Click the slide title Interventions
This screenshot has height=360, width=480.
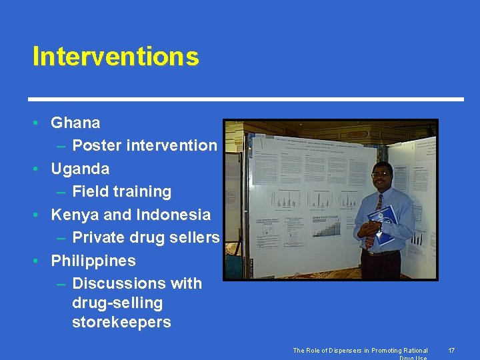[115, 57]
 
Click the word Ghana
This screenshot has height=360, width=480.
[75, 123]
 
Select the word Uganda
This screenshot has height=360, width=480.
[80, 169]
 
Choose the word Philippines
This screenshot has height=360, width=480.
[93, 261]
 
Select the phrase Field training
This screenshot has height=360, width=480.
[121, 192]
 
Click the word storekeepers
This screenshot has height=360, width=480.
[121, 323]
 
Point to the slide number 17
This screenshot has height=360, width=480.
[451, 351]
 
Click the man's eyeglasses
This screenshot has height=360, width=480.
[380, 175]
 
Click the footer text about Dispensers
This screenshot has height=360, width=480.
[360, 351]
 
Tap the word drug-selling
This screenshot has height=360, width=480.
[117, 303]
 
